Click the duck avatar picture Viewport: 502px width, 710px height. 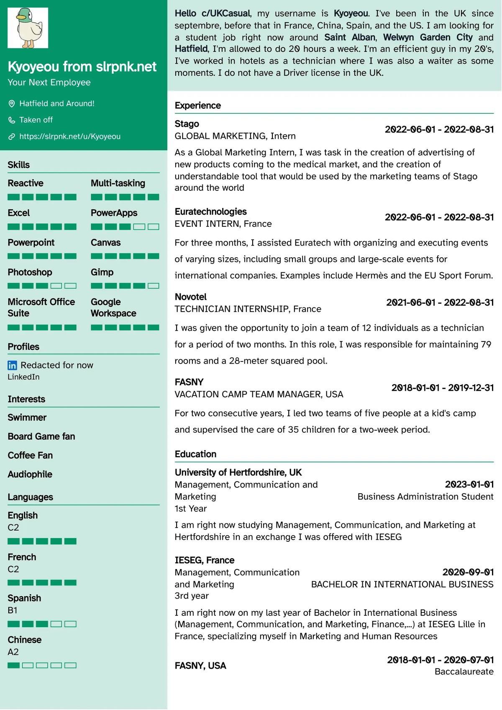tap(28, 28)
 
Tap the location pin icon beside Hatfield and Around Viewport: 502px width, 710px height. tap(12, 104)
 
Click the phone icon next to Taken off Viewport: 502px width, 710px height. tap(12, 120)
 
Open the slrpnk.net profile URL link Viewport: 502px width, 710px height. tap(69, 136)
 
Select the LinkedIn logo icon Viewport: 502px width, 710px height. tap(12, 366)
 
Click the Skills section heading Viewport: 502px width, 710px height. tap(19, 165)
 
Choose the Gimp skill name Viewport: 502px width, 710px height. tap(102, 272)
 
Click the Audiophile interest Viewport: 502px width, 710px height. tap(30, 474)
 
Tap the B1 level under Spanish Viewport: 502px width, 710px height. tap(13, 610)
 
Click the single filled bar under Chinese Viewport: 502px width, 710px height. tap(13, 665)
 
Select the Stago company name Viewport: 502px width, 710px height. tap(187, 124)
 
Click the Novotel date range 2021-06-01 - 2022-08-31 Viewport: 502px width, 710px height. tap(440, 302)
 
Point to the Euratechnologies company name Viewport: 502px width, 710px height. tap(210, 212)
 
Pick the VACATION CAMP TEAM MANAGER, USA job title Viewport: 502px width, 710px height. tap(259, 395)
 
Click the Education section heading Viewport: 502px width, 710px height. tap(195, 454)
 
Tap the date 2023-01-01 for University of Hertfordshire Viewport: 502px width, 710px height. tap(469, 484)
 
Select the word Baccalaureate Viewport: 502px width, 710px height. tap(464, 672)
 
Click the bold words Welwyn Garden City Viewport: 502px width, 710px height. tap(428, 37)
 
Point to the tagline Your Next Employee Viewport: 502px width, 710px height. tap(49, 82)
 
